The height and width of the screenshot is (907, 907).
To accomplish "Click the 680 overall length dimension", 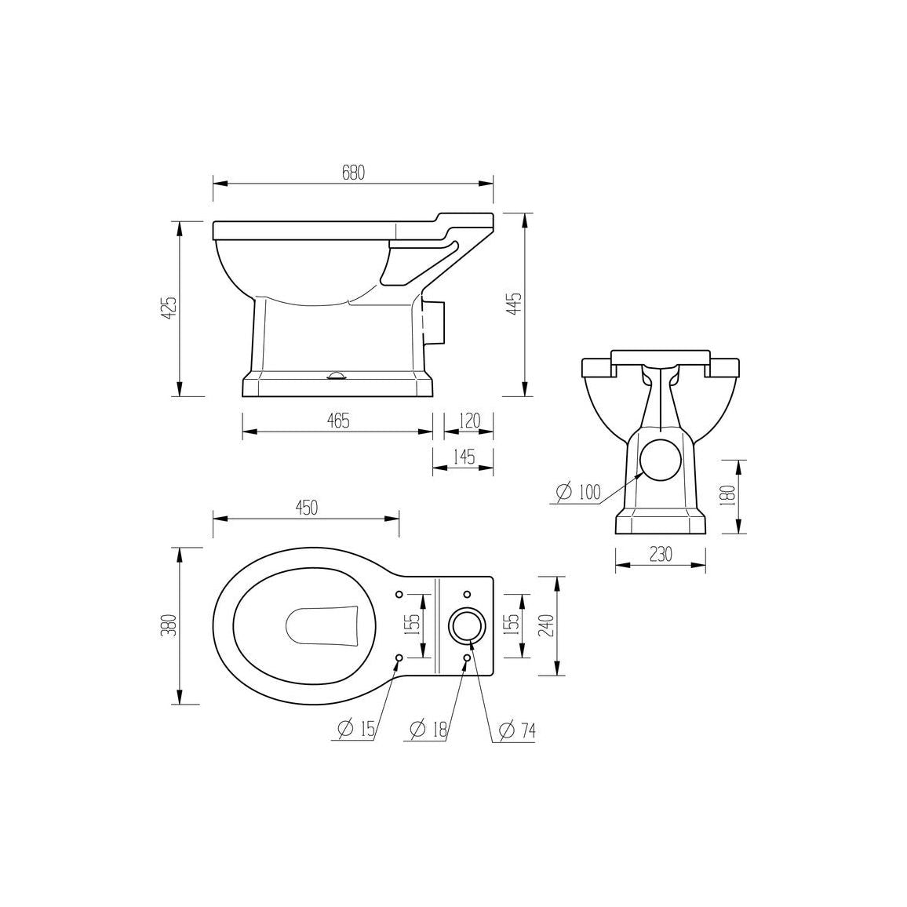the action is click(353, 173).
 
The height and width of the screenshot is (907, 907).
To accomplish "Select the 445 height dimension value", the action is click(514, 304).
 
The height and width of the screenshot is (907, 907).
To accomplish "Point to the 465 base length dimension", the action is click(338, 421).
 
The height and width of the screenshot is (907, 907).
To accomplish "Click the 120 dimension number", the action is click(469, 421).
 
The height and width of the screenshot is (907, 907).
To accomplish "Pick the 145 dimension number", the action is click(464, 457).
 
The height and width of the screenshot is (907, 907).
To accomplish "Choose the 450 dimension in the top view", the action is click(307, 508).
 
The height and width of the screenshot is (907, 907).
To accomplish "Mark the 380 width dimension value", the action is click(168, 625).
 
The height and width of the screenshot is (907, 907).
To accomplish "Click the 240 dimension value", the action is click(547, 625).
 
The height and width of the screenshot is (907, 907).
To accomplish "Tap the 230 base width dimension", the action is click(661, 554).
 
